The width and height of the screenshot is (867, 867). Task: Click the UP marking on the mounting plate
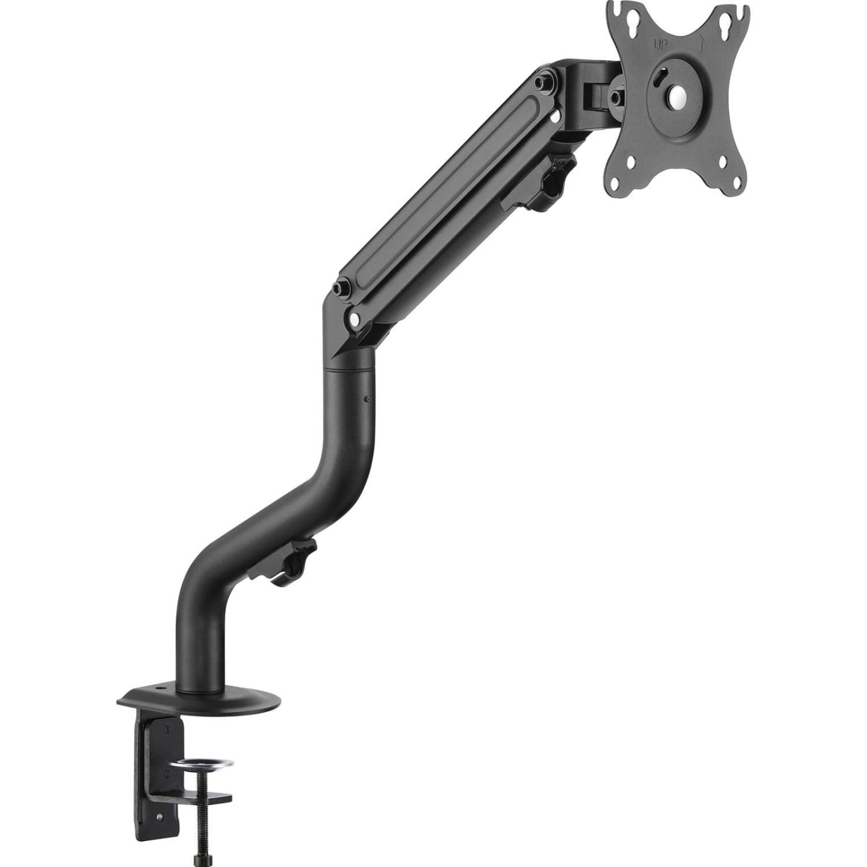click(x=661, y=44)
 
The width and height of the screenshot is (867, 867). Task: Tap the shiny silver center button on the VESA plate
click(x=677, y=95)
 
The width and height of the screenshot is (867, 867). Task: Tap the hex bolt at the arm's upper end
click(x=543, y=81)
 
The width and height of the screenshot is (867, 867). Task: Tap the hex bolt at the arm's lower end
click(x=340, y=289)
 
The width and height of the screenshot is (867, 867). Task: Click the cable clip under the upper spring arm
click(x=545, y=183)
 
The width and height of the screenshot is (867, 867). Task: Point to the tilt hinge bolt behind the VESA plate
click(x=616, y=97)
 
